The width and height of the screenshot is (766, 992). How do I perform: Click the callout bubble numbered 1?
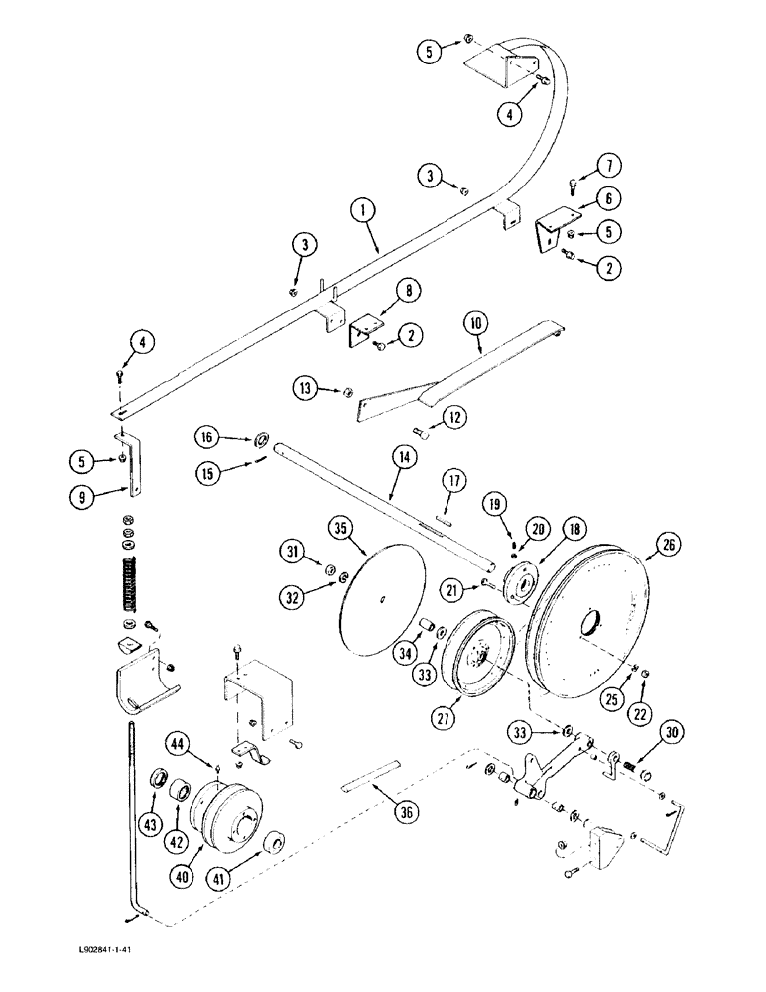point(364,210)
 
